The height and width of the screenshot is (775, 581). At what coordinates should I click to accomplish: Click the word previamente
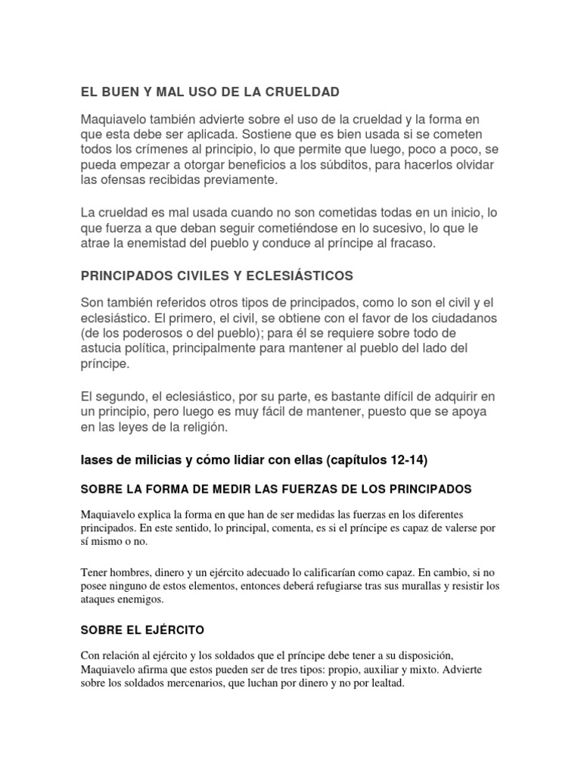pyautogui.click(x=241, y=180)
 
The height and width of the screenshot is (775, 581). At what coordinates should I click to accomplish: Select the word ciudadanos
pyautogui.click(x=439, y=317)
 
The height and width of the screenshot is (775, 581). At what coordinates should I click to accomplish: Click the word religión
pyautogui.click(x=210, y=427)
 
